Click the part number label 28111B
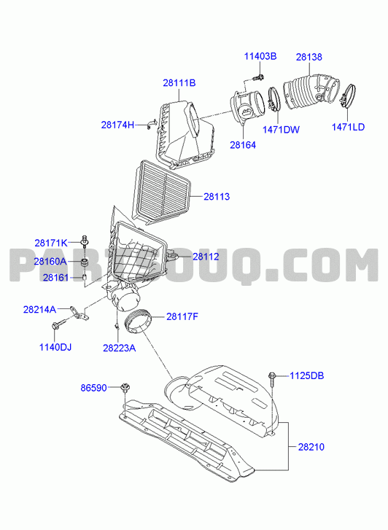tap(179, 83)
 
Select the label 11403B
tap(260, 56)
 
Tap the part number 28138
tap(309, 57)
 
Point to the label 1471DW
tap(281, 130)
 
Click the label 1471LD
tap(348, 127)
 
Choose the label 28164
tap(243, 145)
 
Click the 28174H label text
tap(117, 125)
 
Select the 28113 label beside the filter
tap(217, 196)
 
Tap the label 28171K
tap(51, 243)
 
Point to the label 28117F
tap(182, 316)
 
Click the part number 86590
tap(93, 388)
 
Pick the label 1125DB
tap(307, 375)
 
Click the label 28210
tap(311, 447)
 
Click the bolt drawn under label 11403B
tap(258, 78)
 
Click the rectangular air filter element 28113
tap(163, 192)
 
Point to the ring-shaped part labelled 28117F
tap(139, 323)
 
